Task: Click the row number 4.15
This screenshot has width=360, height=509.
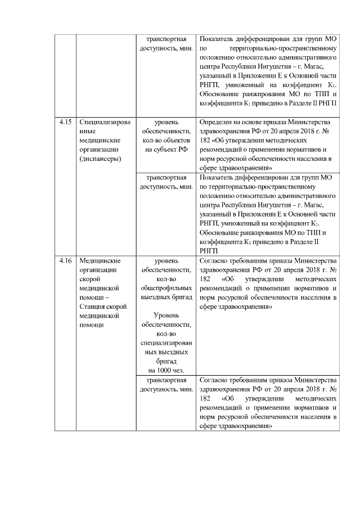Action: click(x=65, y=121)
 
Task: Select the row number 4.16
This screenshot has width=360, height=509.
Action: click(x=65, y=260)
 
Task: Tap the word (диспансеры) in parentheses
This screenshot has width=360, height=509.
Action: click(x=101, y=159)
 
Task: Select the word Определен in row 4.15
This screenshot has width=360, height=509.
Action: click(x=217, y=121)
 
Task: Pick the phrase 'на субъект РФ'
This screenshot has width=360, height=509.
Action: click(x=166, y=149)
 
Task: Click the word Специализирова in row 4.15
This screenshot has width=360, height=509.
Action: click(x=106, y=121)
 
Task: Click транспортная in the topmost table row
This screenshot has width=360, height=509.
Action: click(x=166, y=39)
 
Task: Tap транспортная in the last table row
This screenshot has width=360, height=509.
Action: click(x=166, y=380)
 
